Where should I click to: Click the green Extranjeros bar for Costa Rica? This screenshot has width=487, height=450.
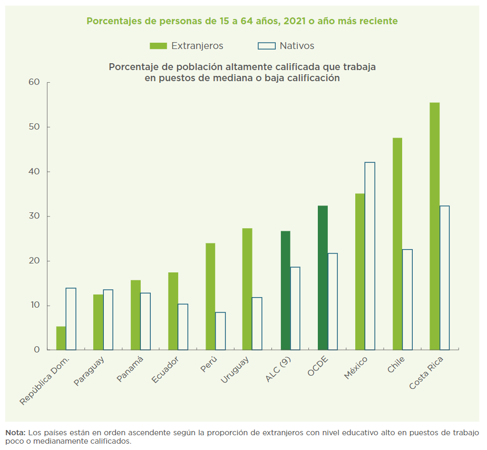(x=434, y=227)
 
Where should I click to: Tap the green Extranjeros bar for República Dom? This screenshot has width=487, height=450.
(x=61, y=338)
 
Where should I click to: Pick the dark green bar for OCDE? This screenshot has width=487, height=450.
(x=323, y=278)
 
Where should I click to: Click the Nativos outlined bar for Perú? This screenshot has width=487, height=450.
(x=220, y=331)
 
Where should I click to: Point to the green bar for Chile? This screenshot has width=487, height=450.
(x=397, y=244)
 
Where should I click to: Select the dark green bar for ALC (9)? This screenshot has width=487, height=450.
(x=285, y=290)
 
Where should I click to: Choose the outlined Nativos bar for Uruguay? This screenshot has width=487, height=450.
(x=257, y=324)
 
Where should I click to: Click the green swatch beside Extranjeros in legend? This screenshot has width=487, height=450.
(x=158, y=46)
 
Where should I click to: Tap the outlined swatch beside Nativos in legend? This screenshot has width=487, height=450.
(x=267, y=46)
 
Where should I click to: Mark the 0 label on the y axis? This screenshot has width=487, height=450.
(x=37, y=350)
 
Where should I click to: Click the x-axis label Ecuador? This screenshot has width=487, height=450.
(x=165, y=371)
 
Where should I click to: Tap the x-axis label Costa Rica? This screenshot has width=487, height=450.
(x=426, y=373)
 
